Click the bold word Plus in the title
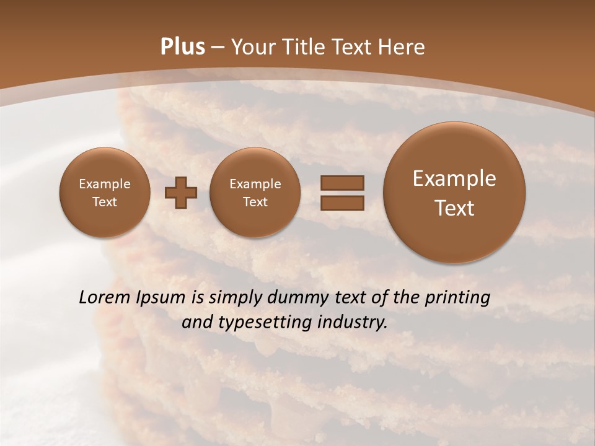[183, 47]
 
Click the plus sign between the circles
[181, 193]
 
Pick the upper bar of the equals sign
[342, 183]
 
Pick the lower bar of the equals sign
[342, 202]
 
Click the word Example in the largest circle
[454, 178]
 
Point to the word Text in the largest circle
[454, 208]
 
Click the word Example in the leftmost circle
[105, 184]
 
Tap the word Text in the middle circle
[255, 202]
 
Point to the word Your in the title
[251, 47]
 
